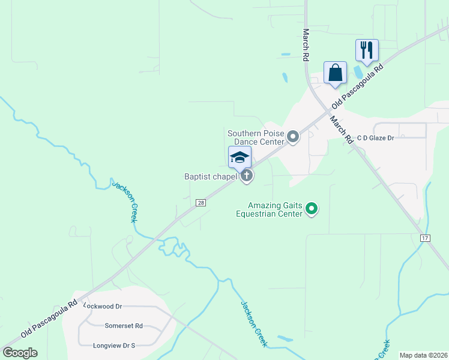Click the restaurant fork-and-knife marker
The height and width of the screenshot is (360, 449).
point(367,50)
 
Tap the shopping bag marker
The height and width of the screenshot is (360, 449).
point(335,73)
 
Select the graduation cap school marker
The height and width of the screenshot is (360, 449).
point(240,158)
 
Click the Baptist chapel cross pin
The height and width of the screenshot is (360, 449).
point(247,176)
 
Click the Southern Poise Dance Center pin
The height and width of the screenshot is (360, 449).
point(293,137)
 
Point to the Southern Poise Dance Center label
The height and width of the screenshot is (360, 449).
point(255,137)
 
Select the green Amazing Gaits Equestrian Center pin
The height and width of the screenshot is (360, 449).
point(312,209)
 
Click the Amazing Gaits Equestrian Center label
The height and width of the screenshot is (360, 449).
point(269,209)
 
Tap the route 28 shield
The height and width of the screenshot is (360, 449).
point(201,203)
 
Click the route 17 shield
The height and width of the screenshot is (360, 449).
point(425,238)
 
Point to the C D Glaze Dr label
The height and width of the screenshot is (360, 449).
point(375,138)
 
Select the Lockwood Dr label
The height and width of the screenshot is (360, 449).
point(103,306)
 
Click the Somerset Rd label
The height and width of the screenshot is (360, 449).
point(124,326)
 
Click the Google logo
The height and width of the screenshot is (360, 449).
point(20,352)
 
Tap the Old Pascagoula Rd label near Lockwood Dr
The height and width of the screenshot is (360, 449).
point(49,318)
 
